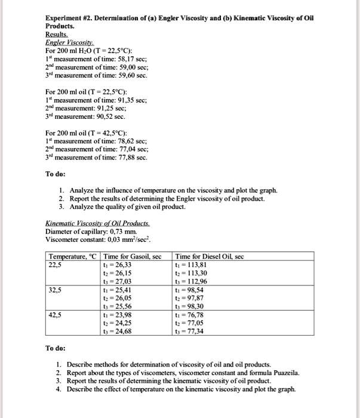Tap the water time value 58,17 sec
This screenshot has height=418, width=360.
131,60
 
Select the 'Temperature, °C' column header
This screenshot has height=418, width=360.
72,257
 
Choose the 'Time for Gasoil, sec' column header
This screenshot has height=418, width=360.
133,257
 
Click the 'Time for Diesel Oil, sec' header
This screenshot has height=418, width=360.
210,257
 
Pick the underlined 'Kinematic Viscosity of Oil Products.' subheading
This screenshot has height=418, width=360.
97,225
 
